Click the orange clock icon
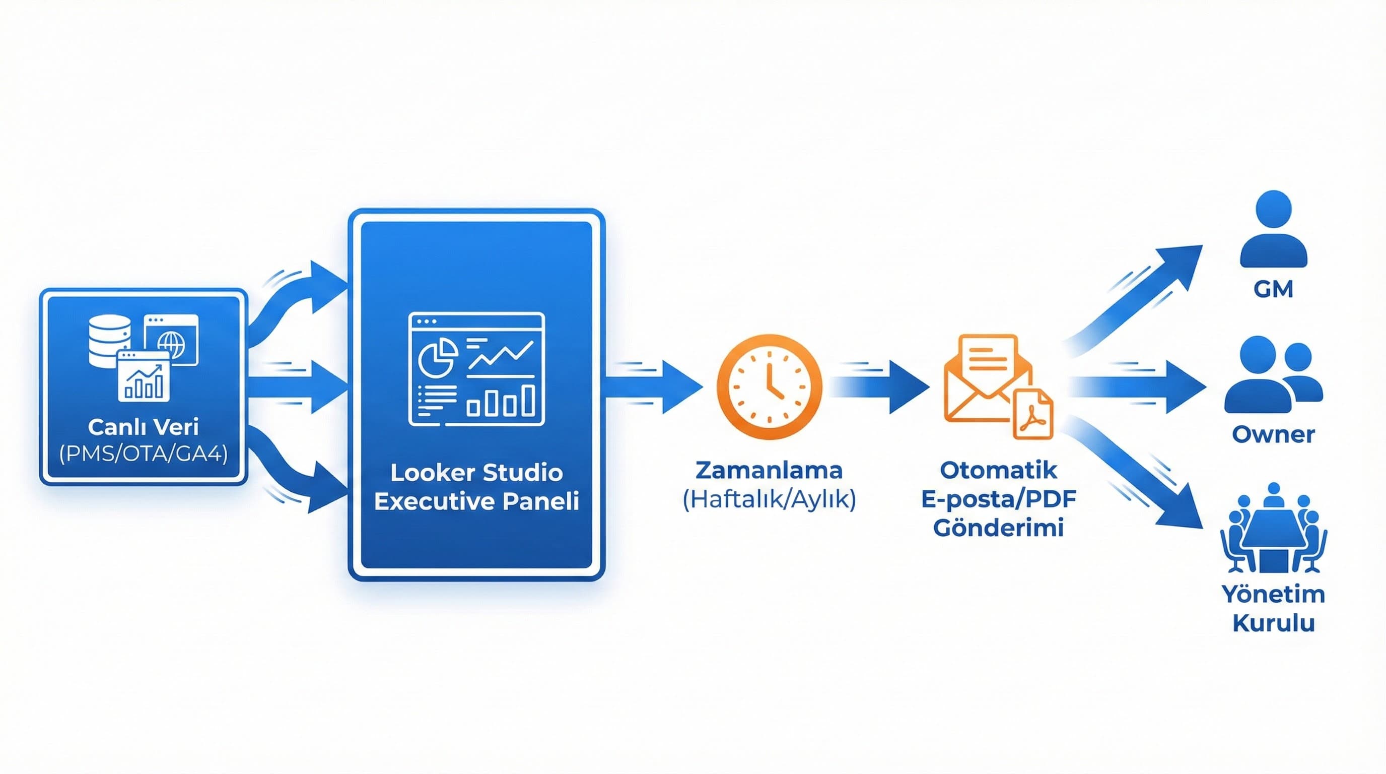click(x=769, y=386)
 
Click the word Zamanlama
click(x=769, y=470)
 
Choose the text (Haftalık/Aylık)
click(x=769, y=499)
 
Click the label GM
click(x=1273, y=290)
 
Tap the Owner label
click(x=1273, y=434)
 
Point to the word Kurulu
click(x=1273, y=623)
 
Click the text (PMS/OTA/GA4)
click(x=143, y=454)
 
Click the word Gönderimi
click(x=998, y=528)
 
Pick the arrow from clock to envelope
click(x=882, y=386)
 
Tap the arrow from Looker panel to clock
click(x=656, y=386)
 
